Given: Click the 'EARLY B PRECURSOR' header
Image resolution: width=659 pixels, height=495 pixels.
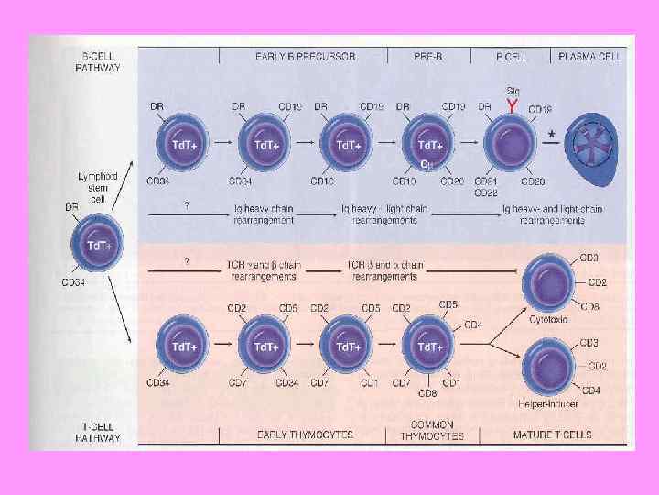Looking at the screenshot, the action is point(306,56).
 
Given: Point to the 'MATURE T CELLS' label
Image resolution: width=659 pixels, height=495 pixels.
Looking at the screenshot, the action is point(552,435).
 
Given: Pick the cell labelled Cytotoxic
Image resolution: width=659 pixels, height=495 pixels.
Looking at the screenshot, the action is point(550,282).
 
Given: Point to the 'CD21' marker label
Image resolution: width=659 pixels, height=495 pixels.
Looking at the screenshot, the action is point(486,181).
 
